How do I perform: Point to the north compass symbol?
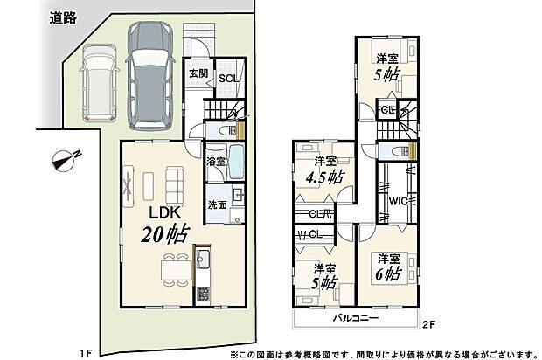65,160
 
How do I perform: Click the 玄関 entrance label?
198,74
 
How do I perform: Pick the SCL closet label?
229,78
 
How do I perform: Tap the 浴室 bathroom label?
214,163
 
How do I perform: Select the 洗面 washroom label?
218,204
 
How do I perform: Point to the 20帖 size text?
164,234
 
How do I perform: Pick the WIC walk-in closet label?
396,200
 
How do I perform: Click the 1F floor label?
85,352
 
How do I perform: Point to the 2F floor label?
429,325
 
